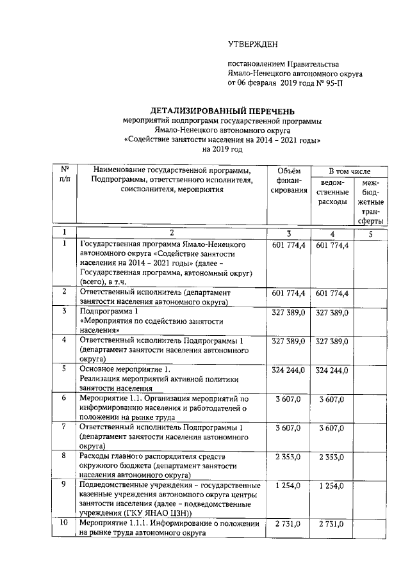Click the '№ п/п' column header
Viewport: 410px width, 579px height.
pos(64,175)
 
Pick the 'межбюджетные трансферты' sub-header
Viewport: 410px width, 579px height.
pos(371,202)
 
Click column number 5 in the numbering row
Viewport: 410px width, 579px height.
pos(371,234)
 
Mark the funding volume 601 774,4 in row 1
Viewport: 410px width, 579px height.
pos(288,245)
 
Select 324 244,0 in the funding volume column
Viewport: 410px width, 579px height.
pos(288,370)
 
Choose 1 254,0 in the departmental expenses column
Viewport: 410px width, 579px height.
pos(331,486)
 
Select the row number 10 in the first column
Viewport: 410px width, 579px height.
pos(64,524)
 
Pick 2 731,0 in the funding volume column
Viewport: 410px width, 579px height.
pos(288,525)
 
